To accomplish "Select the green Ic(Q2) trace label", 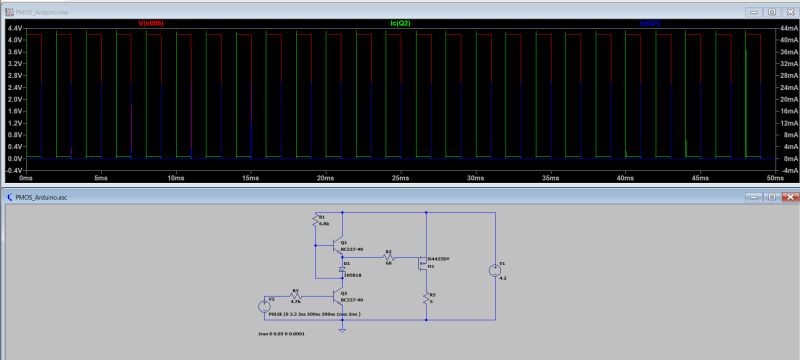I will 405,21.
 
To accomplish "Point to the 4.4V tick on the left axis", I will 15,28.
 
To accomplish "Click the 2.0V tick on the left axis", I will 15,99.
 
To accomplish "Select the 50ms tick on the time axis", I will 775,177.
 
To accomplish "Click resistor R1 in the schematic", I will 318,220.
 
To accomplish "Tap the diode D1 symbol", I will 342,269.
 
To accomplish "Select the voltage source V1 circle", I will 493,269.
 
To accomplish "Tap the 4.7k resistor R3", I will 297,296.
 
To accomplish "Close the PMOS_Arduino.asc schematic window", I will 787,198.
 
